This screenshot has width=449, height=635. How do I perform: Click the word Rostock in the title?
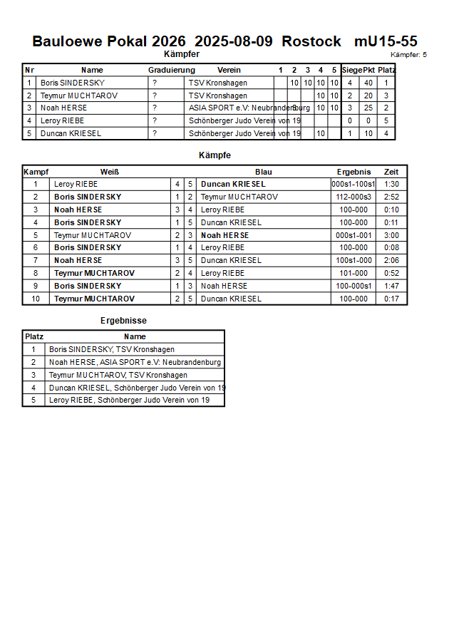[x=311, y=41]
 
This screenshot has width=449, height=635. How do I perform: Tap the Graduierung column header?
[x=171, y=70]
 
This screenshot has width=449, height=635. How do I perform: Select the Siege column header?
[x=351, y=70]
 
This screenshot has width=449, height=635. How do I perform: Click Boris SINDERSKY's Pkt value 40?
[x=368, y=83]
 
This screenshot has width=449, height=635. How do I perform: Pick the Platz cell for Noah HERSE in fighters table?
[x=386, y=108]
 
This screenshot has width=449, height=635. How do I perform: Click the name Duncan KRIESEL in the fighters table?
[x=71, y=133]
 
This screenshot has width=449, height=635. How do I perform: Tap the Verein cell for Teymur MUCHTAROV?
[x=218, y=95]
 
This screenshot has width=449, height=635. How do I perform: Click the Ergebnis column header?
[x=353, y=172]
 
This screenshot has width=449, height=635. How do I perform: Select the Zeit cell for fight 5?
[x=391, y=235]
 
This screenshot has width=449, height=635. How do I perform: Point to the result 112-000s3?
[x=353, y=197]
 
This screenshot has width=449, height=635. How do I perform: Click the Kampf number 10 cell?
[x=36, y=299]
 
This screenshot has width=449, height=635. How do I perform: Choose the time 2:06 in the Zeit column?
[x=391, y=261]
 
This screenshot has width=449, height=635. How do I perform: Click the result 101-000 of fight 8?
[x=353, y=274]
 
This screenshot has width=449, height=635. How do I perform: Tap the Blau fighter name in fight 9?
[x=224, y=286]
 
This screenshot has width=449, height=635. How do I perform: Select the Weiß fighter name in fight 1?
[x=76, y=184]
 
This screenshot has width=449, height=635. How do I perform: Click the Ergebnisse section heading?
[x=123, y=321]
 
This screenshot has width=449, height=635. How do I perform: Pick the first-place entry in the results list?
[x=112, y=349]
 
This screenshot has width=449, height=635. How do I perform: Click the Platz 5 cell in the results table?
[x=33, y=401]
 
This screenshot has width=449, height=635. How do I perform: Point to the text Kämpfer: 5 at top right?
[x=408, y=55]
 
